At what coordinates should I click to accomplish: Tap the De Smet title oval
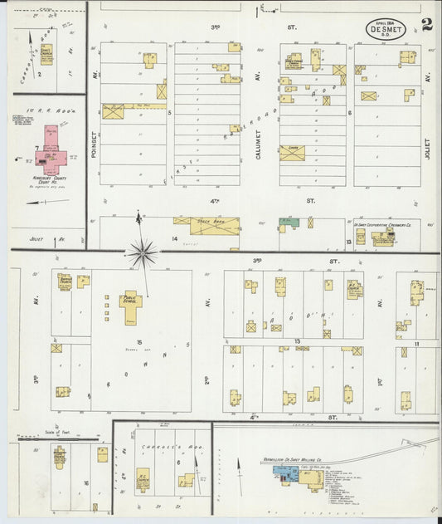click(x=388, y=29)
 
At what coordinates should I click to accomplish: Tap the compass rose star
click(x=143, y=251)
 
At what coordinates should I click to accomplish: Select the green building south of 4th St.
click(x=288, y=223)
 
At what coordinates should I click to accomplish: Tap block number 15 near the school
click(x=139, y=342)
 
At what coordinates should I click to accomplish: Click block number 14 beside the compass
click(x=174, y=238)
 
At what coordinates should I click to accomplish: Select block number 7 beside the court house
click(x=37, y=147)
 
